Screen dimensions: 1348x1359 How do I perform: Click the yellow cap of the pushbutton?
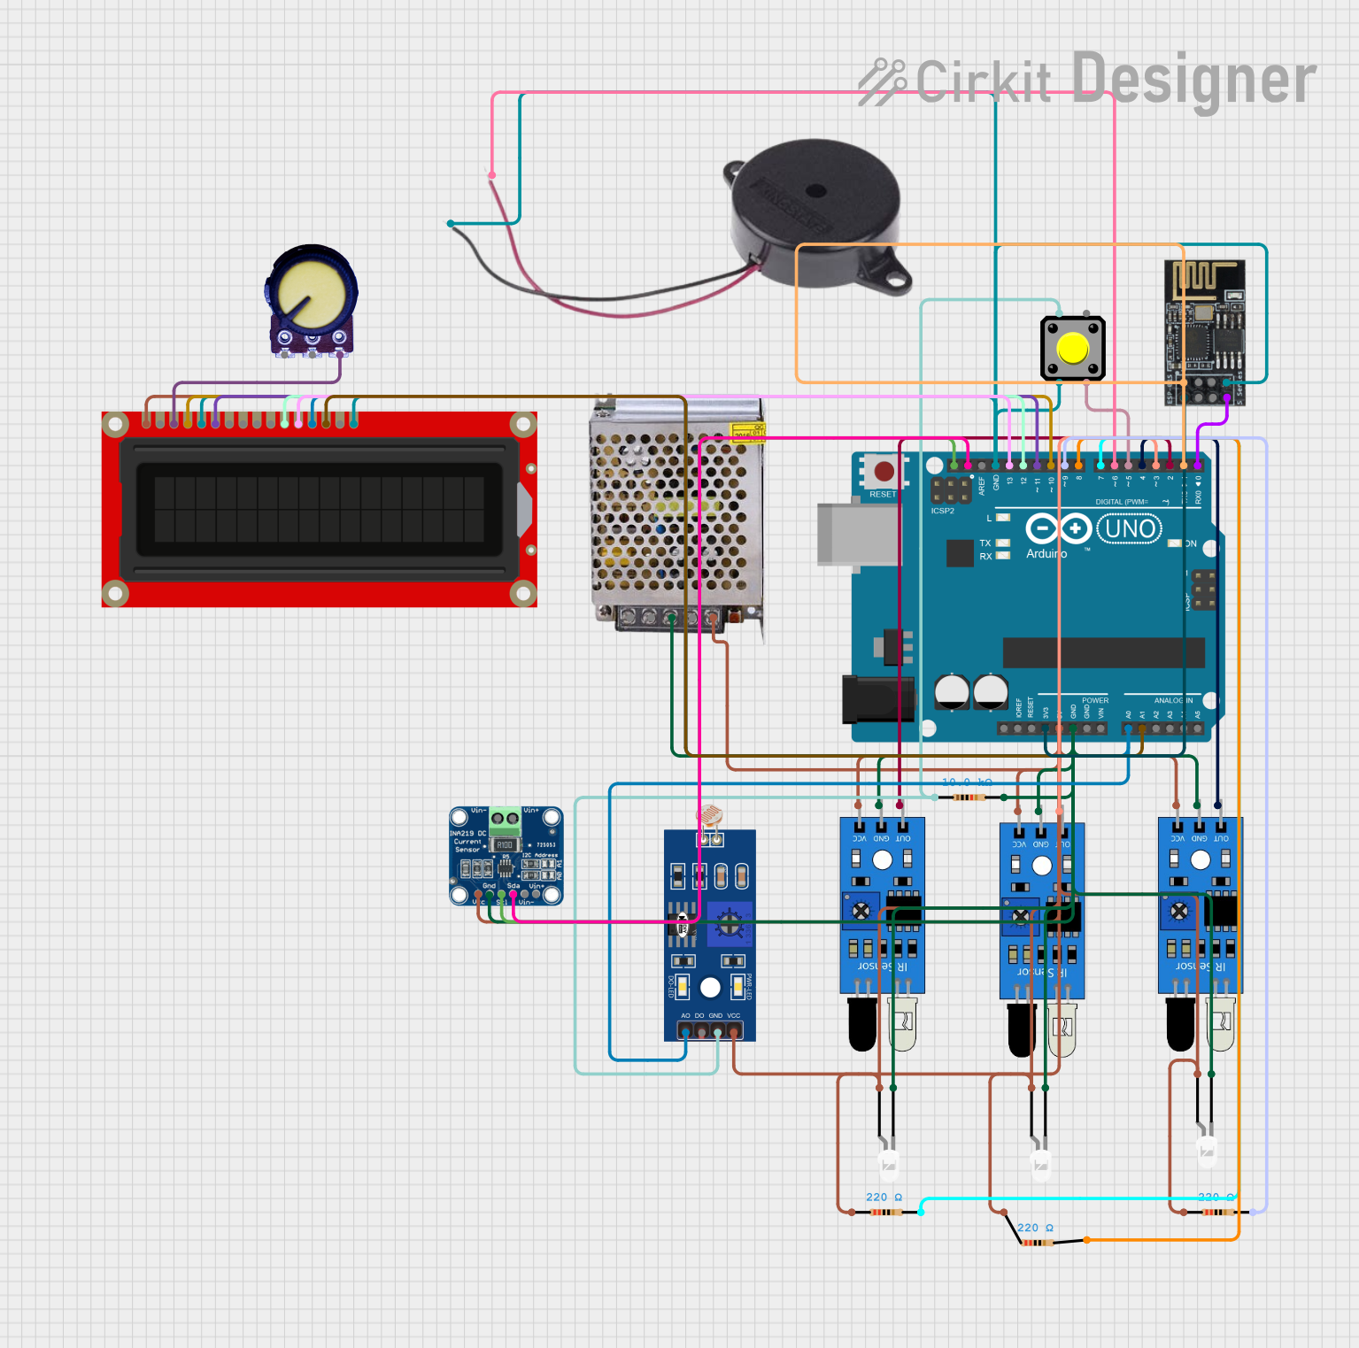1072,349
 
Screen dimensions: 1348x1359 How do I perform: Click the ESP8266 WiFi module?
1204,332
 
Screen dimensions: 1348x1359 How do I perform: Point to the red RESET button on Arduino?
884,472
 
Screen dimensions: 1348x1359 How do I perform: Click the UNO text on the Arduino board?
1130,529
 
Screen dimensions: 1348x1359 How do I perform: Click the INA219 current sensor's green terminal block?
506,819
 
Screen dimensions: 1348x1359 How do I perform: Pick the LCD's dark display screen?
319,509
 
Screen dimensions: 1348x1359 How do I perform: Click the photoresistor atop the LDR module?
709,815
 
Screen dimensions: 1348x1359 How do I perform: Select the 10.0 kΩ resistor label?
966,782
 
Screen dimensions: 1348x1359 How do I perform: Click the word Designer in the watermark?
1193,80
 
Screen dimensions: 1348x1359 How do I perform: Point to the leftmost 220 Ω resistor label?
884,1197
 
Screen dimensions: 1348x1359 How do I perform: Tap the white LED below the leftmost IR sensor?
888,1163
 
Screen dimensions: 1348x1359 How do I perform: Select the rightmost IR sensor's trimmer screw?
1179,911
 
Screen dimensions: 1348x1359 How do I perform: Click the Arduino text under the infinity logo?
1046,554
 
